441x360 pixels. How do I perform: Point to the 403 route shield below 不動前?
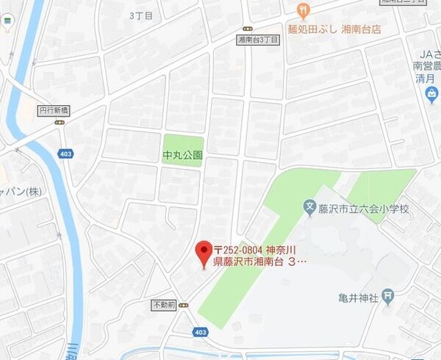click(x=199, y=332)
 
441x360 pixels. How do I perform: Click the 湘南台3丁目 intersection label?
click(x=258, y=40)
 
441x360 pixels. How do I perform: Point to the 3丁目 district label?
click(x=141, y=15)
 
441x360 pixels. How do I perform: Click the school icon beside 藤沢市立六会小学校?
click(x=311, y=209)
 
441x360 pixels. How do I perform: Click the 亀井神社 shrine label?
click(x=358, y=297)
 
